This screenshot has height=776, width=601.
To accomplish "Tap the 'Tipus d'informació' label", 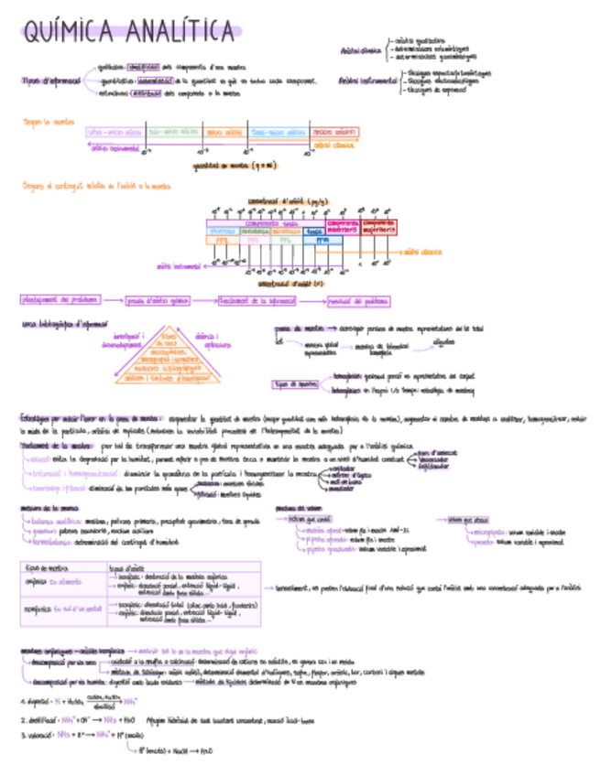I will (x=50, y=81).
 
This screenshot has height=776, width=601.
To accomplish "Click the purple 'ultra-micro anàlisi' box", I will (x=115, y=133).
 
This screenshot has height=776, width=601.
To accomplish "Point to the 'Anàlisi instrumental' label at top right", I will (x=367, y=81).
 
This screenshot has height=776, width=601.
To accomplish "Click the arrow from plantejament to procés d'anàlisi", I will (x=112, y=299).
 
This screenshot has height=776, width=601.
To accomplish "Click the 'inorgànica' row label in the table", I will (x=41, y=607).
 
